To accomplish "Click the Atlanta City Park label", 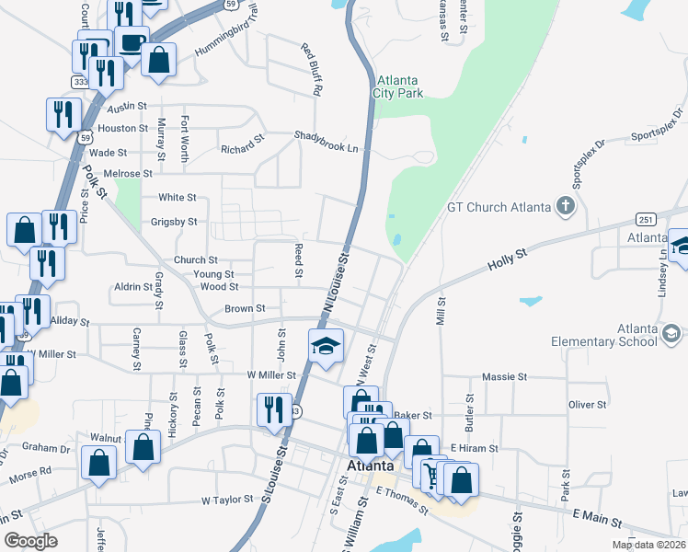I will click(398, 86).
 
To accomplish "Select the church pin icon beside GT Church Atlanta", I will click(566, 206).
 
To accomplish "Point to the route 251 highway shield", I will click(644, 218).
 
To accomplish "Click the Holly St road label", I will click(507, 255).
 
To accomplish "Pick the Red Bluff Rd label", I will click(311, 69).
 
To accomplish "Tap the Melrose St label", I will click(128, 173).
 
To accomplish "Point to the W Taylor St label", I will click(226, 500).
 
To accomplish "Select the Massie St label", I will click(504, 377).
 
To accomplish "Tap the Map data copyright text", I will click(648, 545).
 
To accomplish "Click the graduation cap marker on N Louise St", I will click(325, 347).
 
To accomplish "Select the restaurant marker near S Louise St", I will click(272, 409).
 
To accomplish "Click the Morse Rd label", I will click(32, 473).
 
